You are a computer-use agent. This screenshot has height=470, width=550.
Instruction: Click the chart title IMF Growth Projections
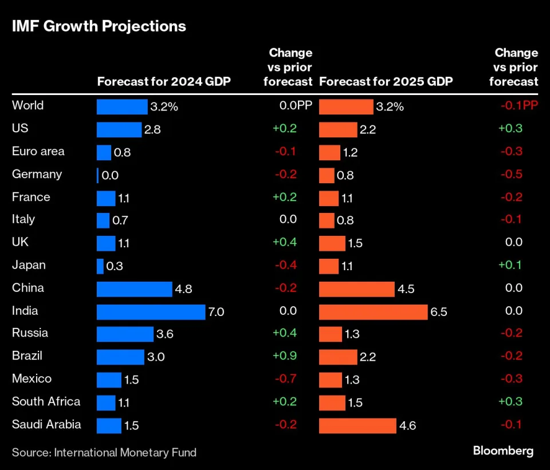[x=99, y=26]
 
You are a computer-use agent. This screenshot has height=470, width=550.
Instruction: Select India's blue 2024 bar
[x=151, y=311]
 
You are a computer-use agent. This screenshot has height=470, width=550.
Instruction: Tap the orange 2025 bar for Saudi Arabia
[x=357, y=425]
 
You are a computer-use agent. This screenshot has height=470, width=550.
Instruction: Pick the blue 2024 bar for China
[x=134, y=289]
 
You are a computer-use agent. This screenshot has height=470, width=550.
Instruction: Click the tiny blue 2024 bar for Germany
[x=98, y=175]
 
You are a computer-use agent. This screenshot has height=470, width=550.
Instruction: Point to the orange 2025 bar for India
[x=373, y=311]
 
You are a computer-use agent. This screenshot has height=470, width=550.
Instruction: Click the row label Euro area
[x=38, y=151]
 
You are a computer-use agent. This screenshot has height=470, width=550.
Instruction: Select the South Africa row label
[x=46, y=401]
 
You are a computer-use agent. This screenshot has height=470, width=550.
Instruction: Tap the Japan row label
[x=29, y=265]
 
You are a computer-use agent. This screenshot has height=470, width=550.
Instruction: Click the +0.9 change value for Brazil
[x=284, y=356]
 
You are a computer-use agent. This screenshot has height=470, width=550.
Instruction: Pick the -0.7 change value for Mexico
[x=285, y=379]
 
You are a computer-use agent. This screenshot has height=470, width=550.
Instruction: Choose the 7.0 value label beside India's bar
[x=216, y=312]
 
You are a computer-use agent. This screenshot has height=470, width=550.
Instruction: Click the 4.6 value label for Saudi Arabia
[x=408, y=426]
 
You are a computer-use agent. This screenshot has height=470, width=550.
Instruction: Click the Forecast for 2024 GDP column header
[x=164, y=81]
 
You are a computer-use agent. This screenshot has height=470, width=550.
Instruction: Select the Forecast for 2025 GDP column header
[x=386, y=81]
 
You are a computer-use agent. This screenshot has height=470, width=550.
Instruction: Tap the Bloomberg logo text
[x=503, y=451]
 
